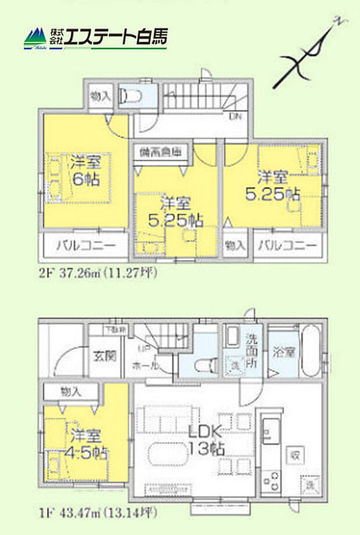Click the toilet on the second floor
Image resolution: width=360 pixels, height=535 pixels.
tap(132, 95)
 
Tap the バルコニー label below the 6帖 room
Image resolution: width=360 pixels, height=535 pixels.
tap(84, 246)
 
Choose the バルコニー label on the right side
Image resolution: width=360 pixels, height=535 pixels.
tap(289, 246)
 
